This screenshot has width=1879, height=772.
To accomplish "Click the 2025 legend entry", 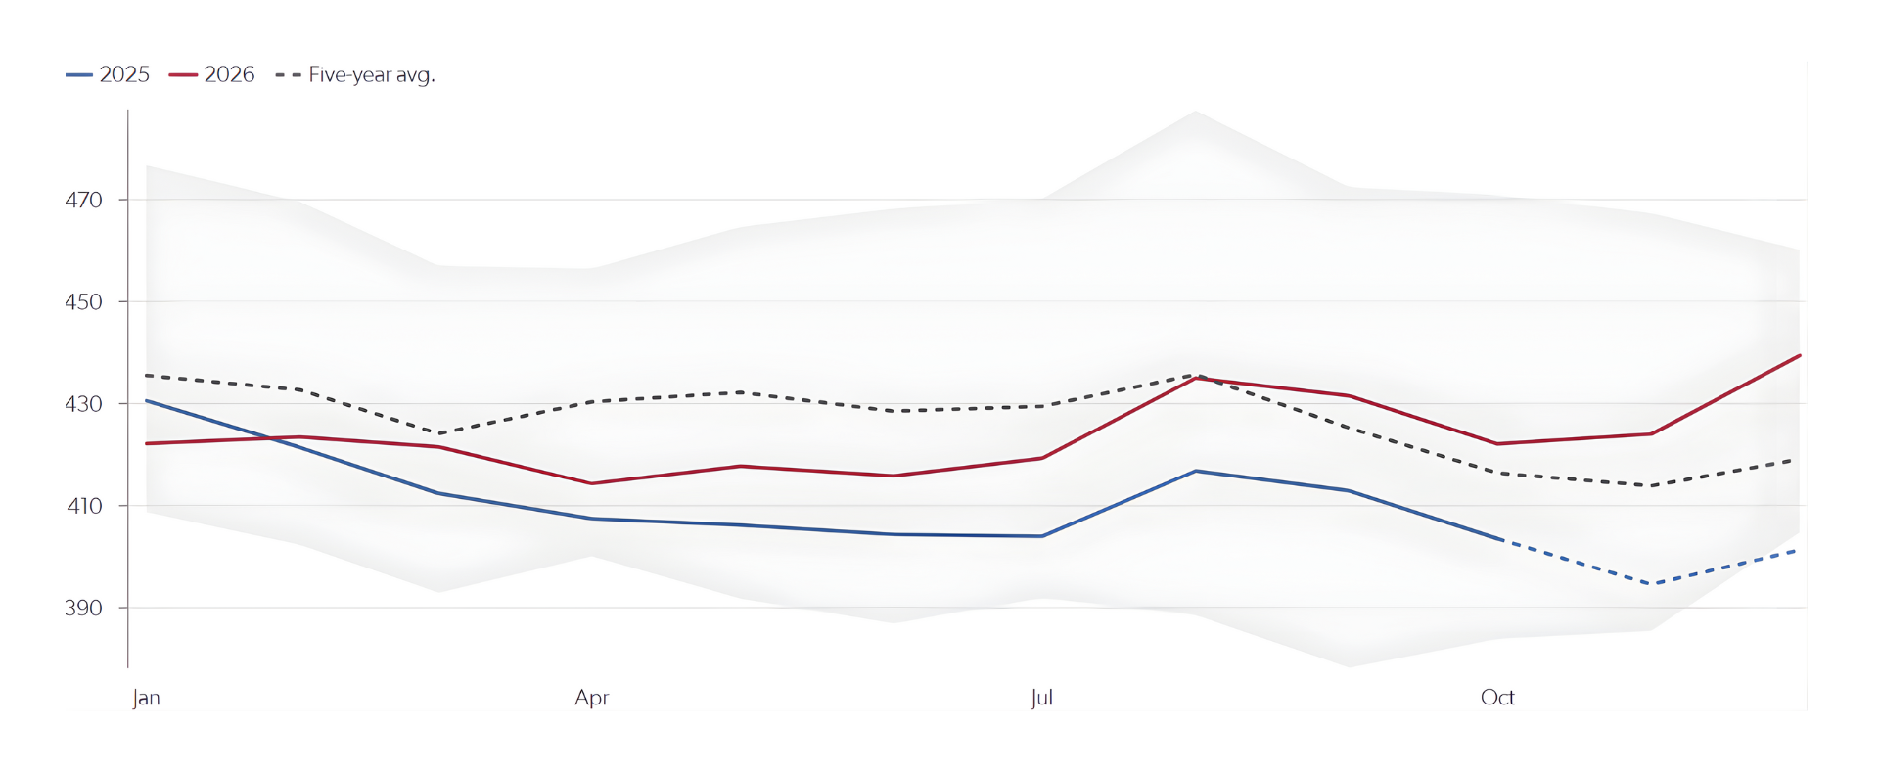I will point(109,74).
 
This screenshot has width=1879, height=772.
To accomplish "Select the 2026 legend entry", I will point(212,74).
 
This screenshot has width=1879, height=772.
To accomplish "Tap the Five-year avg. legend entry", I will point(356,74).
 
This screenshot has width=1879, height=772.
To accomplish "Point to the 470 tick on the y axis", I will point(84,200).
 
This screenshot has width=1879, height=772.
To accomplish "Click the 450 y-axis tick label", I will point(84,301).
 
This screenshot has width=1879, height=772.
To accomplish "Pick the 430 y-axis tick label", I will point(84,404).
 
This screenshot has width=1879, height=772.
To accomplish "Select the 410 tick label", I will point(84,506).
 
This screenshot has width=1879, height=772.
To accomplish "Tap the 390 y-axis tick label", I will point(84,608).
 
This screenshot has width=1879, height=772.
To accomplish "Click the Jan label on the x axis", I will point(146,698).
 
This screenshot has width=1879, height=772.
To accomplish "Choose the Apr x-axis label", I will point(592,698).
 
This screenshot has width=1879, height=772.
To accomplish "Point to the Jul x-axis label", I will point(1041,698).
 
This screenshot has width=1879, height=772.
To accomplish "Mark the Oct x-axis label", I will point(1497,698).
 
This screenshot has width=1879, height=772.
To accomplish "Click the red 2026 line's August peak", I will point(1196,378).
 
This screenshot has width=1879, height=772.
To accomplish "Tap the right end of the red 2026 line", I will point(1800,356).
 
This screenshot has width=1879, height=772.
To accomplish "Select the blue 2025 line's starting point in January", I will point(147,401).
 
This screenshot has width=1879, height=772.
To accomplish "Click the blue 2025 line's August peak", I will point(1196,471).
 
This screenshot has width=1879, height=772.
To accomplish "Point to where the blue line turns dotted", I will point(1501,539).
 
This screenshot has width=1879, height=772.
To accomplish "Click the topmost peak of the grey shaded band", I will point(1196,112).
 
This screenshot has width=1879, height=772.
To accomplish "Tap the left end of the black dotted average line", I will point(147,376).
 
